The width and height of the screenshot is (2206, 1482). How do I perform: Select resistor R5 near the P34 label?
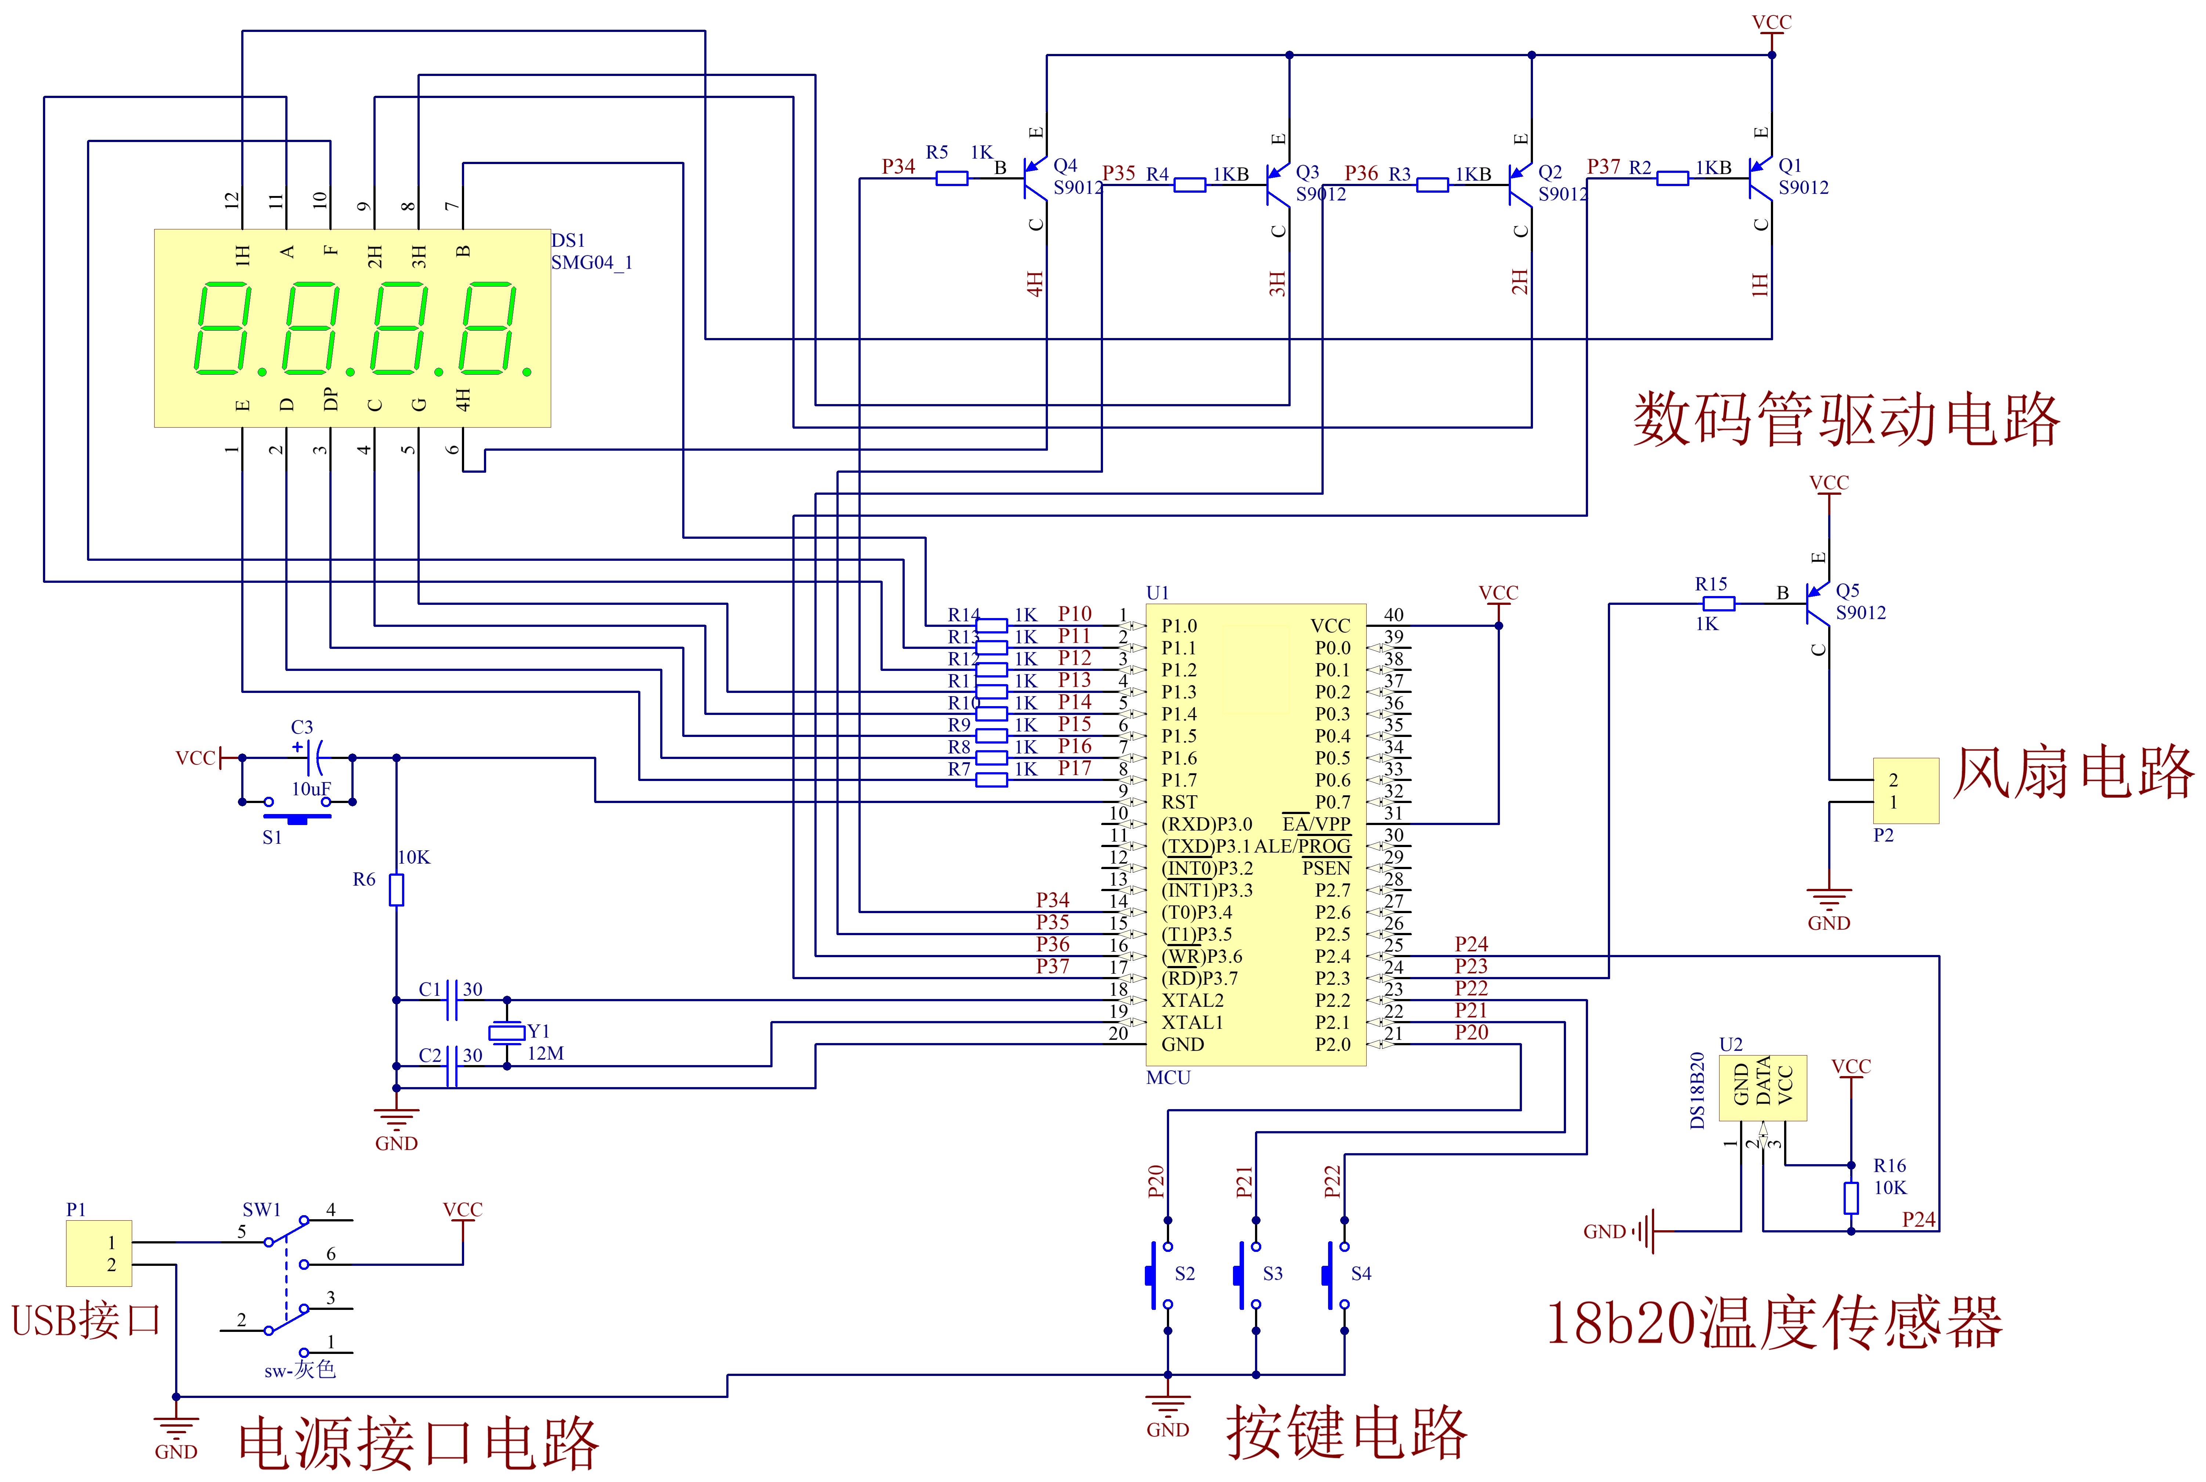pyautogui.click(x=951, y=179)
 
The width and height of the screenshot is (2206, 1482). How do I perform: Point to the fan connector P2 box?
pyautogui.click(x=1905, y=790)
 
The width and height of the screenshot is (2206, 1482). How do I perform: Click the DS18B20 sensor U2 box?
pyautogui.click(x=1762, y=1088)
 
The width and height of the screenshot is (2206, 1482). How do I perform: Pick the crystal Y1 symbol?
pyautogui.click(x=507, y=1032)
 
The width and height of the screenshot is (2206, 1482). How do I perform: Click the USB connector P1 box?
pyautogui.click(x=98, y=1253)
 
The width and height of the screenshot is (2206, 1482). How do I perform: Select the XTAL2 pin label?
pyautogui.click(x=1192, y=1000)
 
